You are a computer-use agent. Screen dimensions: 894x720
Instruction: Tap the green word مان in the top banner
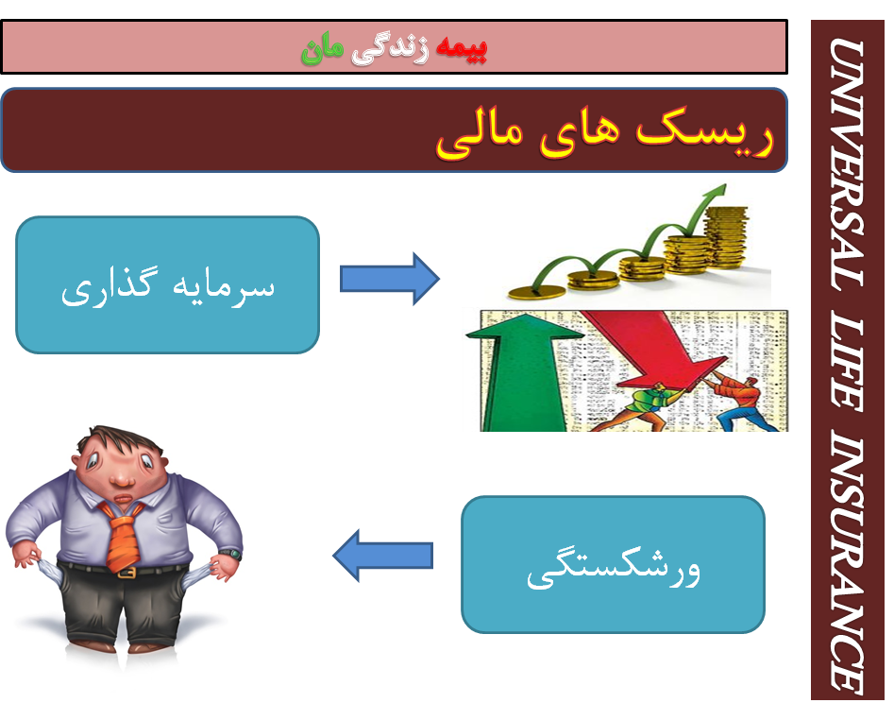point(322,49)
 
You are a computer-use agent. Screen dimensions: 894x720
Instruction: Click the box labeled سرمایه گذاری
point(168,284)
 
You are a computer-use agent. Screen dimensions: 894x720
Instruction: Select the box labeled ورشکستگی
point(613,564)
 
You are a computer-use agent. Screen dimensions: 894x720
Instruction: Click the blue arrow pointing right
point(390,279)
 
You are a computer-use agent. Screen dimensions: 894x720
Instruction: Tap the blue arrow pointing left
point(382,556)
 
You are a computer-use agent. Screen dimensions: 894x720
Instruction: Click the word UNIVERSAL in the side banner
point(847,164)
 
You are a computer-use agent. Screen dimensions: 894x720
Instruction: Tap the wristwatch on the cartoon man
point(231,553)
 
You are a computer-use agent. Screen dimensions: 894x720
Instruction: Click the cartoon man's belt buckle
point(127,573)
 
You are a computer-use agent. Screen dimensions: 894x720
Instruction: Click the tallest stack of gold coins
point(726,236)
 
